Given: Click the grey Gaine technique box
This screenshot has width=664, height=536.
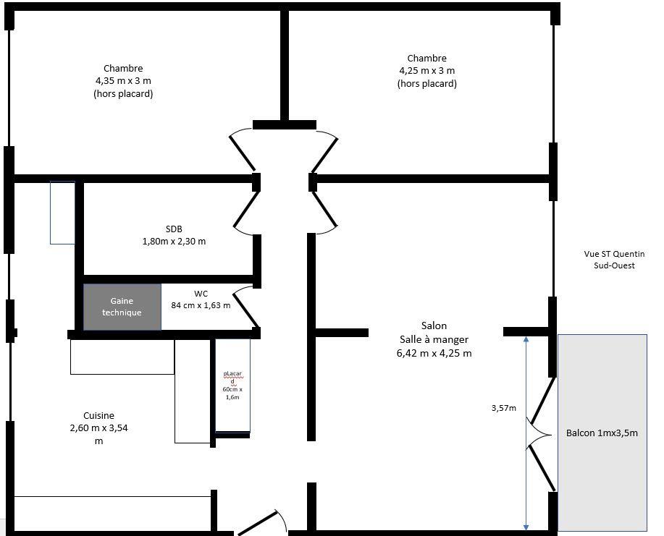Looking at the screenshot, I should click(x=122, y=307).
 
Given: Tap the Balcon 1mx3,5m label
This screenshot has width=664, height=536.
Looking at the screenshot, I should click(x=602, y=433).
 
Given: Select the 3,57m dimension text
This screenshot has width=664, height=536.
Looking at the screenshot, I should click(x=504, y=408).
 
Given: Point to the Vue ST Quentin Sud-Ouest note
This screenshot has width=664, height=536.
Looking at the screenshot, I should click(x=614, y=260).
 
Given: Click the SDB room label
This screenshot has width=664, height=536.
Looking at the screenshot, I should click(x=174, y=235).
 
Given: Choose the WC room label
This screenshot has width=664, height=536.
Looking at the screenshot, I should click(x=201, y=299).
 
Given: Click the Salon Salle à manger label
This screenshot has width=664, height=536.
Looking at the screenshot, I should click(x=434, y=339).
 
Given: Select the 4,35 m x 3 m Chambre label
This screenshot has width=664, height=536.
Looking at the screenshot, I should click(x=123, y=81).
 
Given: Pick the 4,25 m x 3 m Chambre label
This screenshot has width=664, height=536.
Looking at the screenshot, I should click(x=426, y=71).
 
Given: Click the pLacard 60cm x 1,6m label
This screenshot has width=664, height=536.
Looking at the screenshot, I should click(x=232, y=385).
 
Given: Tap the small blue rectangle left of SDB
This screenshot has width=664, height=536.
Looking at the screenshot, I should click(x=62, y=212).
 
